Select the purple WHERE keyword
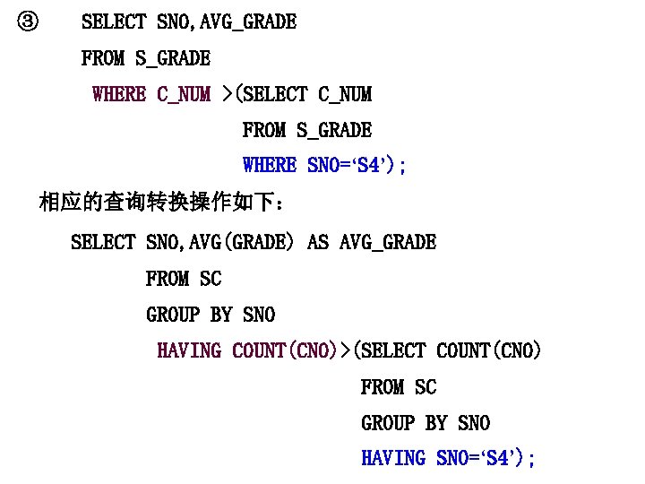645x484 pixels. tap(118, 94)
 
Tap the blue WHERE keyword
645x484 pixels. tap(269, 166)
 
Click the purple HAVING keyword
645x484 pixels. tap(188, 350)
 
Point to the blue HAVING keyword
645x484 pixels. tap(392, 458)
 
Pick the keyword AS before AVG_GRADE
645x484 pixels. tap(318, 242)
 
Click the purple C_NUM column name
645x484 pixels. tap(184, 94)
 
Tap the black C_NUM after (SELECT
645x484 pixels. tap(345, 94)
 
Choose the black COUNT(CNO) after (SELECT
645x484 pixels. tap(489, 350)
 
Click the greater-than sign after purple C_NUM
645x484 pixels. tap(227, 94)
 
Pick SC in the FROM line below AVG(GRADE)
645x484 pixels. tap(211, 279)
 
